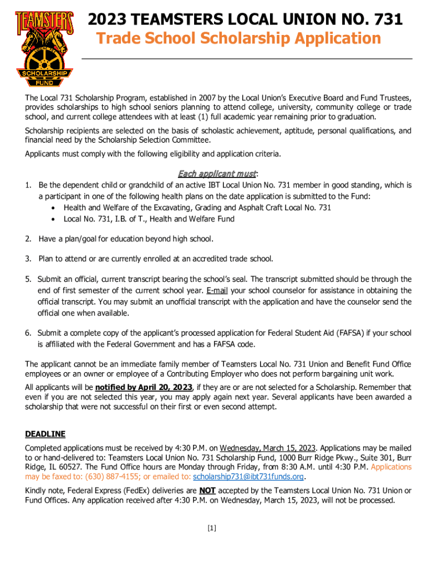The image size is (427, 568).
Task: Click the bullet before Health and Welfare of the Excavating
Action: tap(52, 207)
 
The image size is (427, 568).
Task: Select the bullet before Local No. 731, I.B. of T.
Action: tap(52, 219)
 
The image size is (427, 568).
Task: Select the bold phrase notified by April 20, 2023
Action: tap(144, 387)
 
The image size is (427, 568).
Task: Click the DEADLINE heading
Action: tap(45, 434)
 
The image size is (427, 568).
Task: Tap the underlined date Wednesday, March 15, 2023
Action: tap(267, 448)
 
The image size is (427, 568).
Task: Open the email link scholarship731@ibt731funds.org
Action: tap(248, 477)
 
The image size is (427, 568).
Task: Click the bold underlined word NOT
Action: tap(223, 491)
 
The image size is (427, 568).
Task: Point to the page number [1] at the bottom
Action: tap(211, 529)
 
